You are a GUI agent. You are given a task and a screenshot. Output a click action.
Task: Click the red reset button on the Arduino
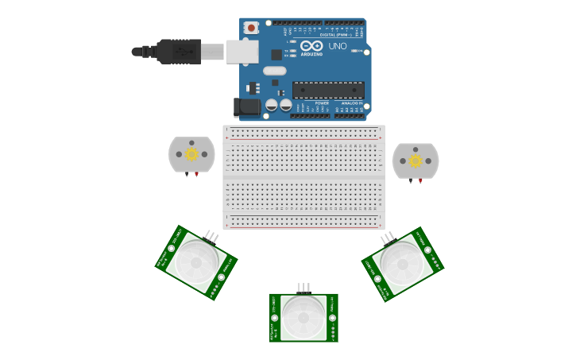click(x=251, y=28)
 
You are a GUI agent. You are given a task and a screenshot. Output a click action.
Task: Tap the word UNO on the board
click(x=338, y=46)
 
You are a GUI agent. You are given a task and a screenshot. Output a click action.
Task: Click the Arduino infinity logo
click(x=311, y=45)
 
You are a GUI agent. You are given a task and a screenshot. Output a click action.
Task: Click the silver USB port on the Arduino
click(x=242, y=52)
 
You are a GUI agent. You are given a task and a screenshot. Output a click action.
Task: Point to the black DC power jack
click(x=247, y=106)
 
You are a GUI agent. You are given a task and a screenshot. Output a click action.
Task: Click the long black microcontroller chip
click(x=328, y=90)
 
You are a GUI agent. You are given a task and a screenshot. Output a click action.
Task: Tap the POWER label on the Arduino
click(x=322, y=103)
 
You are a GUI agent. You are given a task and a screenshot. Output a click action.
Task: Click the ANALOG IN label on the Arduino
click(x=351, y=103)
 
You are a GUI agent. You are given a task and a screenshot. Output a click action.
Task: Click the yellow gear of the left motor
click(x=191, y=154)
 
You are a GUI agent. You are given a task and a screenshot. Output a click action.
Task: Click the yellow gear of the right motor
click(x=416, y=161)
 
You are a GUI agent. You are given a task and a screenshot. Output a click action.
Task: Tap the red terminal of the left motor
click(x=197, y=174)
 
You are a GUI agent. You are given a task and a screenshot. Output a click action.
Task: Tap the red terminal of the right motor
click(x=420, y=181)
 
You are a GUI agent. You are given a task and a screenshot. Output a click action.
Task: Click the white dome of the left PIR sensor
click(x=196, y=261)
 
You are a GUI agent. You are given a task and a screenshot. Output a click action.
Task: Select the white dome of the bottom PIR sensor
click(x=303, y=317)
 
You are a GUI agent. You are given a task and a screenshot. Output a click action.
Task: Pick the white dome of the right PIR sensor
click(x=402, y=263)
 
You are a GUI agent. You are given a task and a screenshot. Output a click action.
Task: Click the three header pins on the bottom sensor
click(x=303, y=288)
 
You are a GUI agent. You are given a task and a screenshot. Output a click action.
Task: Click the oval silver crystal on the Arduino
click(x=275, y=71)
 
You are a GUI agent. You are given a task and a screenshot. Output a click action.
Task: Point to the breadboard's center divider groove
click(x=303, y=177)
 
